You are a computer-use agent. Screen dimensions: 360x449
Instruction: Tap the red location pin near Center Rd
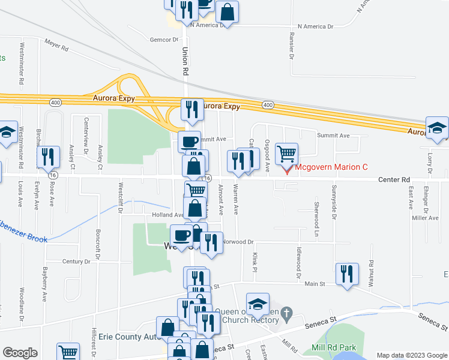point(286,169)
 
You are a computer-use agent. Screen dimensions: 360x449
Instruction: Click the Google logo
point(20,353)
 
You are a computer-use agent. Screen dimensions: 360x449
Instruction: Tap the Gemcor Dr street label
point(164,40)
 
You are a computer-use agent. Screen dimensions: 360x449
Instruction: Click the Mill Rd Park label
point(334,348)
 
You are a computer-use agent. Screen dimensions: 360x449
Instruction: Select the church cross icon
point(286,313)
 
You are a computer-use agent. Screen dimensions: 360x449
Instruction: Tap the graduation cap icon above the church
point(258,304)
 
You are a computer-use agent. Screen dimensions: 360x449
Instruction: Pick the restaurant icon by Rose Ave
point(48,157)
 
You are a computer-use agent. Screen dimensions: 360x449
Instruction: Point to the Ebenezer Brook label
point(24,239)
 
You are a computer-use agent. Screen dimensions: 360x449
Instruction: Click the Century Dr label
point(76,262)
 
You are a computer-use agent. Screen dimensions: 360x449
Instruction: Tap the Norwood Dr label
point(239,242)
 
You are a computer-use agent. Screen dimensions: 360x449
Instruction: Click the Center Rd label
point(394,179)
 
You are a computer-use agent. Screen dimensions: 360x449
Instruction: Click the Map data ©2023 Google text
point(411,355)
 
